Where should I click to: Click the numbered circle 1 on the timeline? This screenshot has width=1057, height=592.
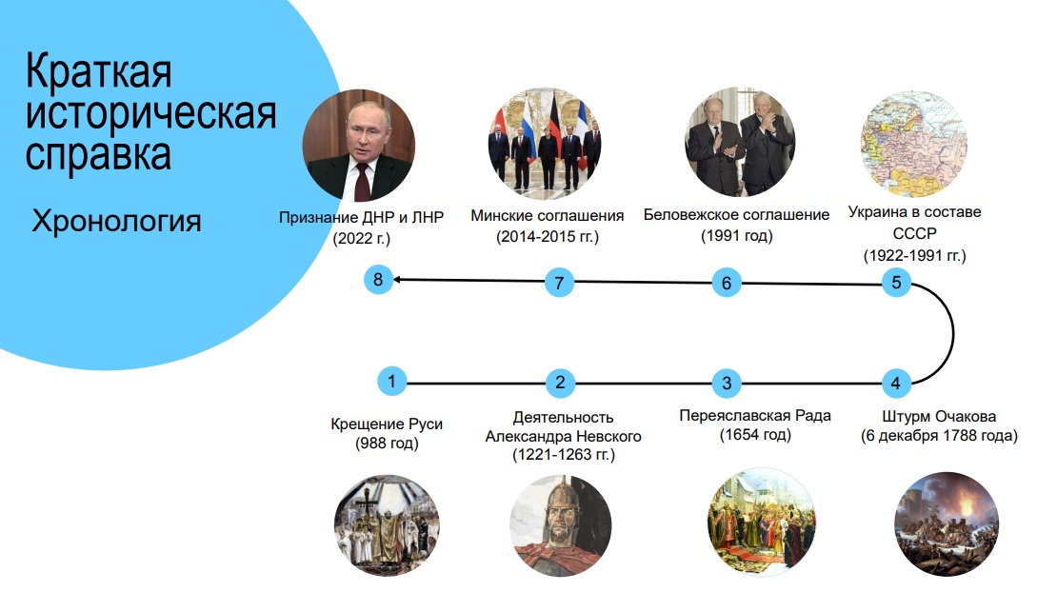click(x=391, y=382)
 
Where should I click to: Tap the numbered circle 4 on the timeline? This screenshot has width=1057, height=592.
click(x=896, y=384)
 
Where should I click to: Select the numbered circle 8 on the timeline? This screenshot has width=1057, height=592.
click(x=378, y=280)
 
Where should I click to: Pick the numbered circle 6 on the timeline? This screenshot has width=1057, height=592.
click(x=727, y=283)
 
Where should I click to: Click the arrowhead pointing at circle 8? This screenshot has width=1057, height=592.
click(x=398, y=280)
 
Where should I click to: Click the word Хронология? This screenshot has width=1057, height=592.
click(x=116, y=221)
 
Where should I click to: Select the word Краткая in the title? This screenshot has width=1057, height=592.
click(x=98, y=70)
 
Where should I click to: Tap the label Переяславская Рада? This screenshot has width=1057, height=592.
click(x=755, y=416)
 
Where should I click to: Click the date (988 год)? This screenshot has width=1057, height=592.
click(x=387, y=444)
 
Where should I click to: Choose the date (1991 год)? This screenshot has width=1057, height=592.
click(x=737, y=236)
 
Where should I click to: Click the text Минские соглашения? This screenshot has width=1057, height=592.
click(x=548, y=215)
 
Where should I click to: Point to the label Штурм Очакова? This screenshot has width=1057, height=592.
click(x=939, y=416)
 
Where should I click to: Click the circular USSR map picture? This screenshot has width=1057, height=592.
click(x=914, y=144)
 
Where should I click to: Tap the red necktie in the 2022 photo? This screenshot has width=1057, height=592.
click(x=362, y=181)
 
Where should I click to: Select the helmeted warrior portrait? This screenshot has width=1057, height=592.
click(x=561, y=526)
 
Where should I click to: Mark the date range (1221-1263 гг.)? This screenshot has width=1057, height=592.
click(x=564, y=455)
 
